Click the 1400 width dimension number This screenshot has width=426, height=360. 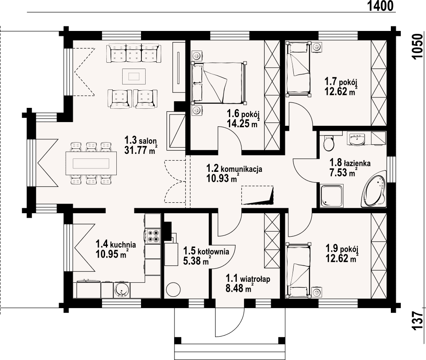(380, 6)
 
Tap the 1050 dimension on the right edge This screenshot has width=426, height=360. (418, 47)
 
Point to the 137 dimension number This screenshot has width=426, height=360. (418, 321)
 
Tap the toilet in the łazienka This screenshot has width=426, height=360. (329, 142)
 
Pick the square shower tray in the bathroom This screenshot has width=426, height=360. (331, 196)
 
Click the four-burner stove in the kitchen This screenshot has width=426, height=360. (153, 236)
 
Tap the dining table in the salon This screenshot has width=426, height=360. (91, 163)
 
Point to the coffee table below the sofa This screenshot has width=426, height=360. (134, 75)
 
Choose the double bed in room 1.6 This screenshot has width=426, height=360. (219, 83)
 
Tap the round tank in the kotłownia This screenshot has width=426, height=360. (173, 290)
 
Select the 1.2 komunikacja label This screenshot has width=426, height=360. (234, 169)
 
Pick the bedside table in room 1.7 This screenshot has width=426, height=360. (317, 47)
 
